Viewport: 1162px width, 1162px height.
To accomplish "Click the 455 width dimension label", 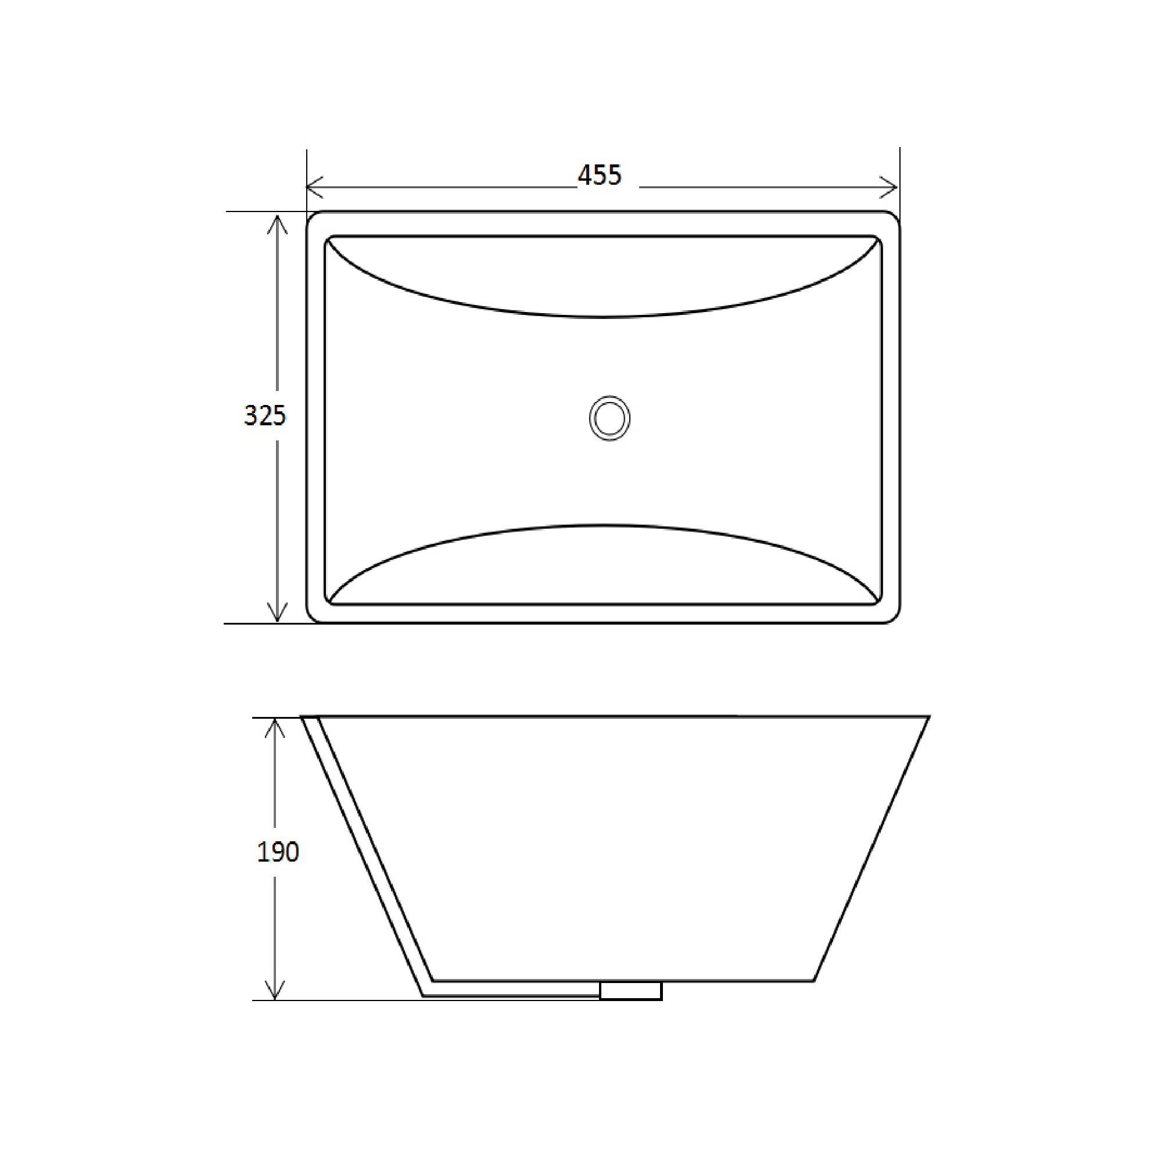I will point(599,175).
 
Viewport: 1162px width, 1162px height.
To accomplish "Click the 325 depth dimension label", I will point(264,415).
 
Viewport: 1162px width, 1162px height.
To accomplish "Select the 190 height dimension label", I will point(277,852).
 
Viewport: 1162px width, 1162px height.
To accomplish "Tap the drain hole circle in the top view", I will point(609,418).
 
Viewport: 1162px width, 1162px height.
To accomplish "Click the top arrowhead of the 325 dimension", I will point(277,223).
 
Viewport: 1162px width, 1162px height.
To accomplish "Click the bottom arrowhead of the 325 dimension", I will point(277,614).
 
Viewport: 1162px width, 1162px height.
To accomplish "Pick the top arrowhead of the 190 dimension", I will point(275,728).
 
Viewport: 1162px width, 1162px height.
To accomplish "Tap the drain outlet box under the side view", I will point(630,991).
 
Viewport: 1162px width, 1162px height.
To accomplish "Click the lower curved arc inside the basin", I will point(601,526).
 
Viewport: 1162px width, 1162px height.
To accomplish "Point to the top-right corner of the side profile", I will point(928,717).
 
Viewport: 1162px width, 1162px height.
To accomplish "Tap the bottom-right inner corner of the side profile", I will point(814,981).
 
